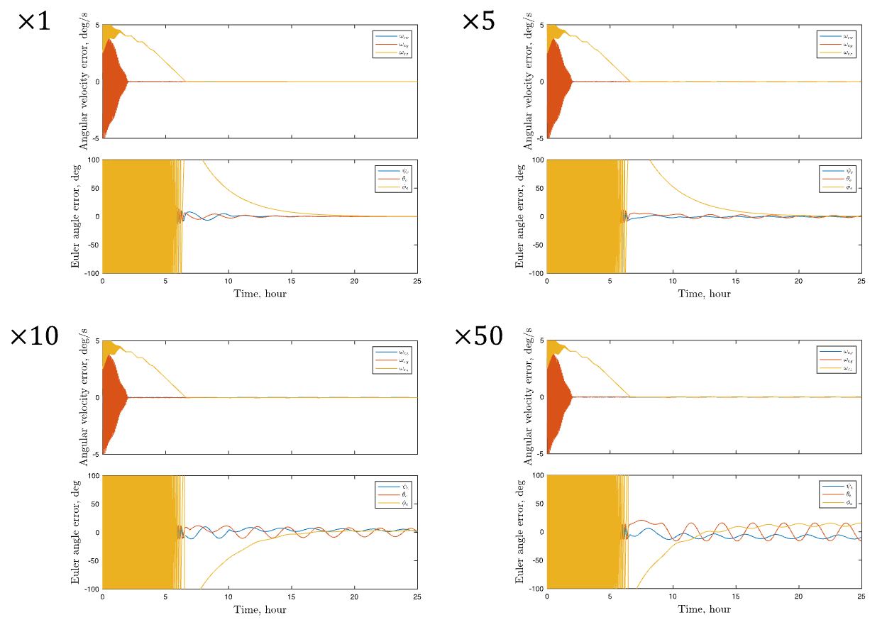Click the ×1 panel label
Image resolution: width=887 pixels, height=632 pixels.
(x=35, y=21)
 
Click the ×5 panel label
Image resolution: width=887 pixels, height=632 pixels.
(x=479, y=21)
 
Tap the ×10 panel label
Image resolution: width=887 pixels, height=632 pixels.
(x=34, y=336)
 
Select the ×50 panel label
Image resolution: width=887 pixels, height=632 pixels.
(x=479, y=336)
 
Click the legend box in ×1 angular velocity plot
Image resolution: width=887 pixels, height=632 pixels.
(x=392, y=44)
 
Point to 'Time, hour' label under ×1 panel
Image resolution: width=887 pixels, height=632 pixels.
(x=260, y=294)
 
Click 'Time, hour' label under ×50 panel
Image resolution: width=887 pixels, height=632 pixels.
(x=704, y=609)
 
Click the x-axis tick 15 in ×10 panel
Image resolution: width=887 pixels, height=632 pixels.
(x=291, y=597)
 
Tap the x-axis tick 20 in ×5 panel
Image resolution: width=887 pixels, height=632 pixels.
(x=798, y=281)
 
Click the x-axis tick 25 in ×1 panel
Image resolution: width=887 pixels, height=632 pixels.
(x=417, y=281)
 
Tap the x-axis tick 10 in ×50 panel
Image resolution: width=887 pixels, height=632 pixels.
(x=672, y=597)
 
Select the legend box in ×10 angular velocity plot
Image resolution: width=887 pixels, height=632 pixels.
(x=392, y=360)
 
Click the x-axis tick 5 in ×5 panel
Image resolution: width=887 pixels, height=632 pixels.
(x=610, y=281)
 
